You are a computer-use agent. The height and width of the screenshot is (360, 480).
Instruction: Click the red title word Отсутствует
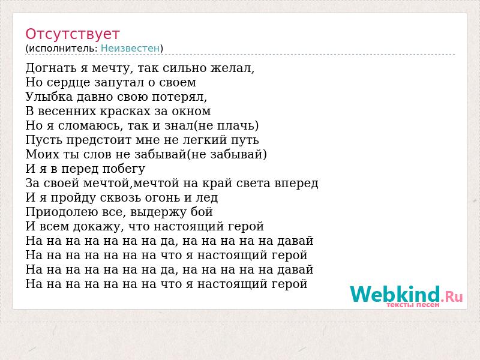click(x=72, y=34)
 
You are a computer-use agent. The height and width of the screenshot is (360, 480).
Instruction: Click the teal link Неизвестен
click(x=130, y=49)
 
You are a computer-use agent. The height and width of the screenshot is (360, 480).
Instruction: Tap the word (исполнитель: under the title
click(x=62, y=49)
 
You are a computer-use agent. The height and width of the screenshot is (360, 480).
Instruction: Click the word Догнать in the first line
click(x=51, y=68)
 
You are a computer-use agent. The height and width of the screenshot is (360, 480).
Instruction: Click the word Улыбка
click(x=49, y=97)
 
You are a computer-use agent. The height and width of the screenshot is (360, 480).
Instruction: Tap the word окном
click(x=191, y=112)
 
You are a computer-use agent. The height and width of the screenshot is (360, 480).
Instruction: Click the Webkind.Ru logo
click(x=406, y=295)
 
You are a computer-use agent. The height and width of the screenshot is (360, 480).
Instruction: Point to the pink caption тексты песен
click(x=413, y=305)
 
